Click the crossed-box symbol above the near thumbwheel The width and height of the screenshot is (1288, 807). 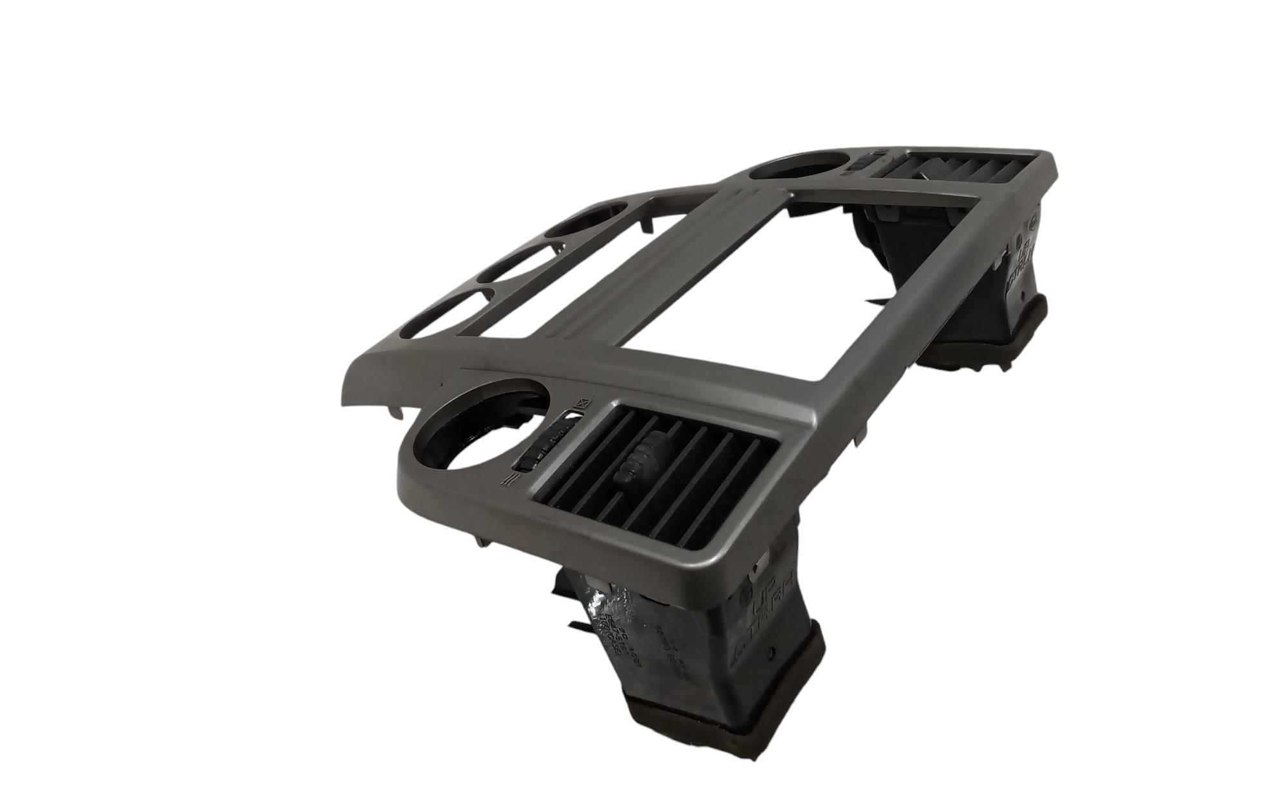(x=582, y=403)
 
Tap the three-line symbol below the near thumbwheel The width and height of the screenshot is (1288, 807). (x=509, y=477)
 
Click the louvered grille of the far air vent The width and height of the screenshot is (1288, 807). (x=940, y=172)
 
